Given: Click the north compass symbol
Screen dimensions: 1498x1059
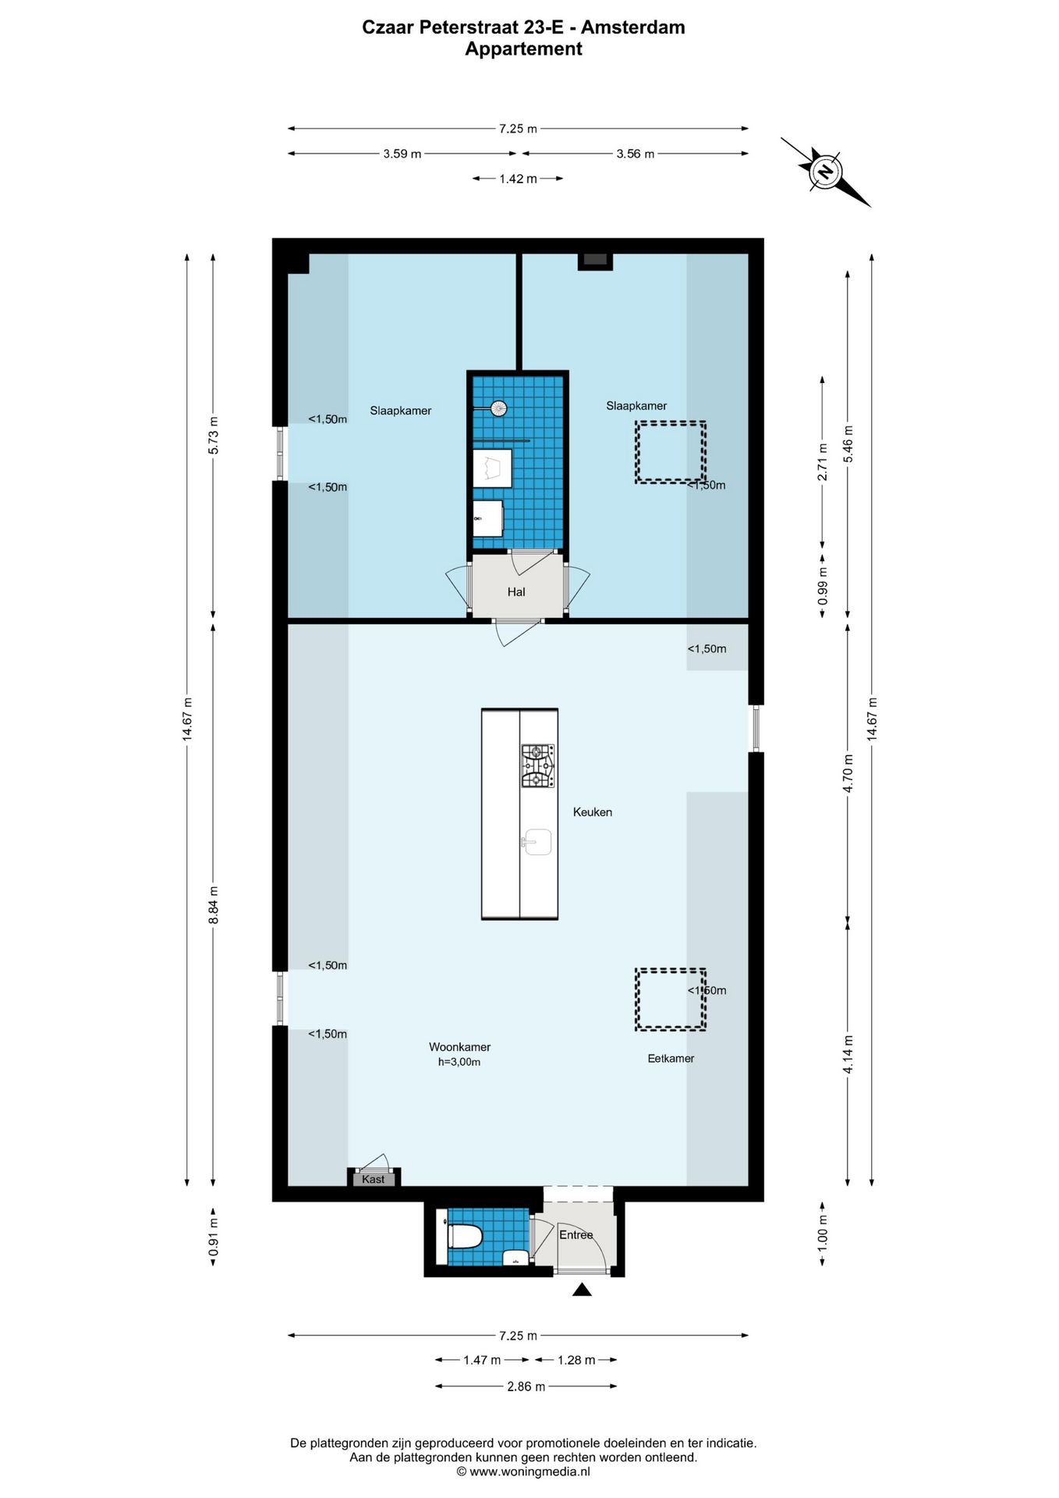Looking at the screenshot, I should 825,172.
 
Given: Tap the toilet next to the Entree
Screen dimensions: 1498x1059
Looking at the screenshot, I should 465,1237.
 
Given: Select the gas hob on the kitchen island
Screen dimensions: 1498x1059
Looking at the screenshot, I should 538,765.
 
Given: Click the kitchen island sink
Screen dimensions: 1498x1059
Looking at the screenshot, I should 537,842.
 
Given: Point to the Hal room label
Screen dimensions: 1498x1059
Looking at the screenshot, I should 516,592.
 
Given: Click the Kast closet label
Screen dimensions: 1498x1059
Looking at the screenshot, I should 373,1179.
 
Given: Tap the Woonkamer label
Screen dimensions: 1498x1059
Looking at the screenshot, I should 459,1047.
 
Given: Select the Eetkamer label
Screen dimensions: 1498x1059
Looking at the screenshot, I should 671,1058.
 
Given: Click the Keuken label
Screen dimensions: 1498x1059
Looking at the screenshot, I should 592,812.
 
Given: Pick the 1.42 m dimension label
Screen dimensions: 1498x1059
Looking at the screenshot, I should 518,179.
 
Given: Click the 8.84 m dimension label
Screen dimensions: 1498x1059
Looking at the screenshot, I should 213,905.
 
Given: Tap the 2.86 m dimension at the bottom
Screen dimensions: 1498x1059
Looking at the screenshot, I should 526,1386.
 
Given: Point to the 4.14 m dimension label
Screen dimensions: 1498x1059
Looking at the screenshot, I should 848,1053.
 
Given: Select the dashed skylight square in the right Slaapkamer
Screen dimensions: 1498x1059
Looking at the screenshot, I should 670,453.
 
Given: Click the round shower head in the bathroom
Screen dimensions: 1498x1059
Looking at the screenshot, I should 498,407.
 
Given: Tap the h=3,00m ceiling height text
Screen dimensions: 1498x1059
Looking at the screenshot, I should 459,1062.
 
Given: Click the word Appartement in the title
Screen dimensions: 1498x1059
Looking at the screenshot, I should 523,49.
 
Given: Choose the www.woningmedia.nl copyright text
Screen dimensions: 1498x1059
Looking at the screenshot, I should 523,1471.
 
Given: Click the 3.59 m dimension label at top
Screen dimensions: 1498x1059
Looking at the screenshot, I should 402,154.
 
